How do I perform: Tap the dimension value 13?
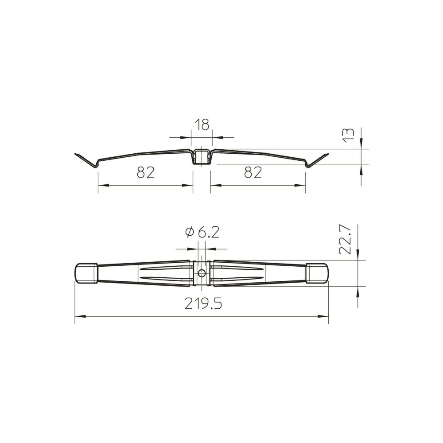(x=349, y=135)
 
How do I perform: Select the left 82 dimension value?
(x=146, y=172)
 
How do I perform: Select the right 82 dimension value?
(x=253, y=172)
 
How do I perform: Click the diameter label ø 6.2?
(x=202, y=232)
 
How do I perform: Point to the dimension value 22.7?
(x=345, y=240)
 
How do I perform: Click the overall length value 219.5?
(x=203, y=303)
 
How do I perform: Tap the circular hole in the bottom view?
(x=202, y=273)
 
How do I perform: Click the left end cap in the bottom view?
(x=86, y=273)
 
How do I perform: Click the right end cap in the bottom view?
(x=317, y=273)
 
